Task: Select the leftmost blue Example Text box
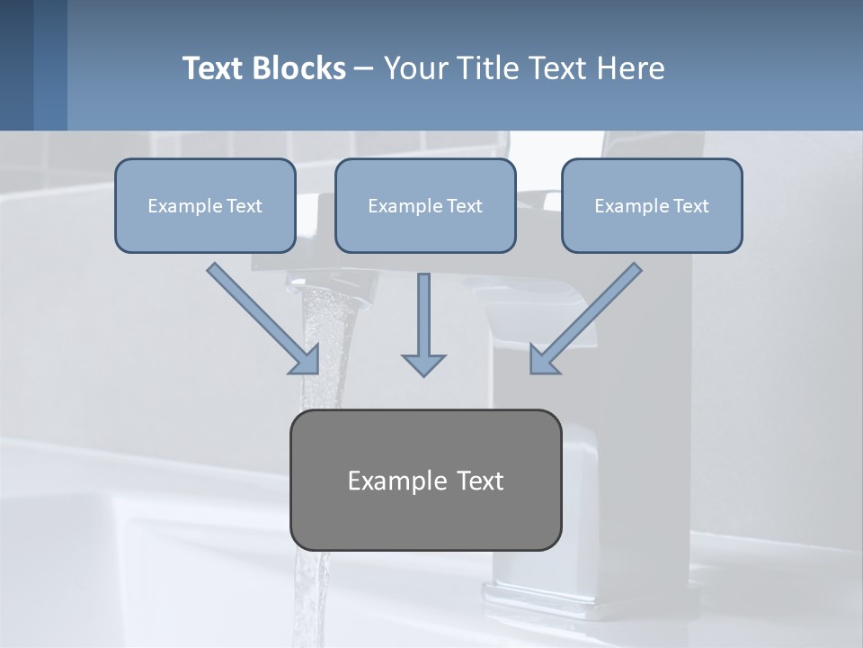(x=205, y=205)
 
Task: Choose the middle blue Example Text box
(x=425, y=205)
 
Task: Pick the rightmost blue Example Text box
(x=652, y=205)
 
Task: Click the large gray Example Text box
(x=425, y=480)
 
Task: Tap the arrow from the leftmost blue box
(x=261, y=317)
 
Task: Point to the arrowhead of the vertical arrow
(x=423, y=364)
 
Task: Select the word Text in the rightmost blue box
(x=690, y=206)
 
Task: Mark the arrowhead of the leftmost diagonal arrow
(x=306, y=361)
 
